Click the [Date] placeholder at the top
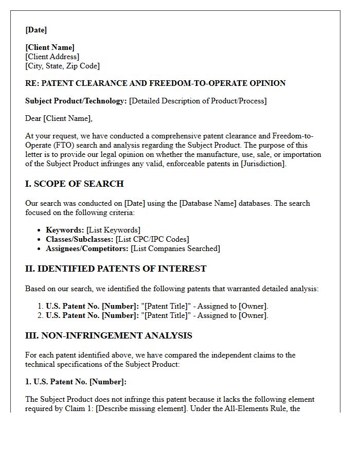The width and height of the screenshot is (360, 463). click(x=36, y=30)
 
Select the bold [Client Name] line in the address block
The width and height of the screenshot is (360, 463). click(x=50, y=48)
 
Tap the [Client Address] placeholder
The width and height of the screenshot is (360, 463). click(x=52, y=57)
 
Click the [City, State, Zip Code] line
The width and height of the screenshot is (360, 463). click(x=62, y=66)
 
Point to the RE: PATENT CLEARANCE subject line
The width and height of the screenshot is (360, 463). click(x=155, y=83)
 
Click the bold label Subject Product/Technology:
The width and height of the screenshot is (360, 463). click(x=76, y=101)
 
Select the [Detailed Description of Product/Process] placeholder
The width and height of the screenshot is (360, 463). click(x=198, y=101)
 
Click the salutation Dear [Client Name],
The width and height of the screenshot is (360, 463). click(x=59, y=118)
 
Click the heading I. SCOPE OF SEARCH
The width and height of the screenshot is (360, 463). click(x=75, y=184)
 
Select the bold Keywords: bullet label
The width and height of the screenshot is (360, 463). click(x=65, y=230)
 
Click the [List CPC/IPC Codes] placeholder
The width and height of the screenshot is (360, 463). click(x=153, y=239)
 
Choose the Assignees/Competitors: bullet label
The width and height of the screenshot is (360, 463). click(x=87, y=248)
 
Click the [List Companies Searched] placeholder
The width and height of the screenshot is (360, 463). click(x=175, y=248)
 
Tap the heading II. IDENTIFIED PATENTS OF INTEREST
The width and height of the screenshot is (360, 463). click(x=116, y=269)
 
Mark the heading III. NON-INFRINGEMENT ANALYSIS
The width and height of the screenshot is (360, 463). click(x=109, y=335)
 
